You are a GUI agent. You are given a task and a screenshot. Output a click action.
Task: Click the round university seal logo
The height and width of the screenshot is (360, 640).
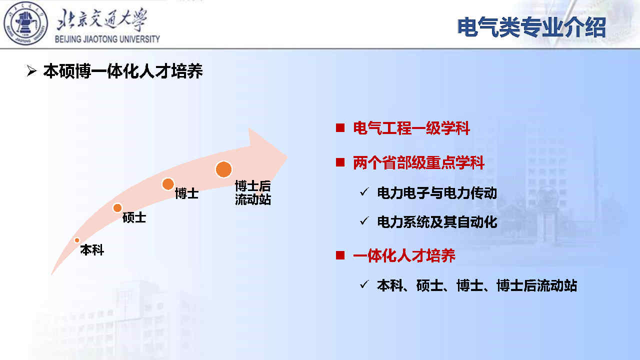[x=25, y=23]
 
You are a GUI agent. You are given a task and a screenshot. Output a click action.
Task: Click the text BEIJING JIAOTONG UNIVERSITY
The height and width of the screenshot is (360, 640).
[x=107, y=39]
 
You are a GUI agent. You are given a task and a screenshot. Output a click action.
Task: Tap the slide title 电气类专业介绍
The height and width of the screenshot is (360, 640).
[x=531, y=27]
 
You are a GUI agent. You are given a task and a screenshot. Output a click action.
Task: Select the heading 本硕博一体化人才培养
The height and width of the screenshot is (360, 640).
[x=123, y=71]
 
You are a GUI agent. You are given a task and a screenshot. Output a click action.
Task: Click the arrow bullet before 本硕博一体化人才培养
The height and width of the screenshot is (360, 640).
[x=31, y=71]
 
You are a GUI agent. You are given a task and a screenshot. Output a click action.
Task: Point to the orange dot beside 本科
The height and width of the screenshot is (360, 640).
[x=77, y=240]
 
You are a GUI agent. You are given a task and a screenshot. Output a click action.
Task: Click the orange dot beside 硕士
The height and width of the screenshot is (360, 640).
[x=117, y=207]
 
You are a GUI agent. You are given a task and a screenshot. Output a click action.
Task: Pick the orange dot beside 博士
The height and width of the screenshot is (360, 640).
[x=168, y=184]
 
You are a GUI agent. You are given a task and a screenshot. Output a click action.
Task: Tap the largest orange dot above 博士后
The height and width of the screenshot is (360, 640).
[x=223, y=169]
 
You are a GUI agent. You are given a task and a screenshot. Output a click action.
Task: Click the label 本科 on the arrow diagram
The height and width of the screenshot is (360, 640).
[x=92, y=250]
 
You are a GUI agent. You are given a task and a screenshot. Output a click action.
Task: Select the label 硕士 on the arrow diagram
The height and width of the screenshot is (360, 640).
[x=134, y=217]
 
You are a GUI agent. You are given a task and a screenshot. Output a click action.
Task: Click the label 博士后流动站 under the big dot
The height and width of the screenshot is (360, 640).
[x=253, y=193]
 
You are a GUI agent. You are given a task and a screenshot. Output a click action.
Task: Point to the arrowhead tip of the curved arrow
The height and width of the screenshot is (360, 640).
[x=287, y=156]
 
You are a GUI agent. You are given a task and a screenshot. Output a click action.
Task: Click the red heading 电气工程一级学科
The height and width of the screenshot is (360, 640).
[x=411, y=128]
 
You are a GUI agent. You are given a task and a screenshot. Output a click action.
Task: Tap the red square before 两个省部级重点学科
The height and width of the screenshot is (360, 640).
[x=340, y=162]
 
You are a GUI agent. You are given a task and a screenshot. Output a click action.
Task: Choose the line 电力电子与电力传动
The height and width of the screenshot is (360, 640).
[x=437, y=193]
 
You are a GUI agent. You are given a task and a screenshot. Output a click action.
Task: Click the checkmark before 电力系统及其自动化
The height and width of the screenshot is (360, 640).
[x=364, y=220]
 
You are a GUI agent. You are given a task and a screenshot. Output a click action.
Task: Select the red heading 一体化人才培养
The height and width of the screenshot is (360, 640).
[x=404, y=255]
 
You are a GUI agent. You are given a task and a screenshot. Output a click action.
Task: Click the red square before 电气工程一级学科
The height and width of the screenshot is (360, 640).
[x=340, y=127]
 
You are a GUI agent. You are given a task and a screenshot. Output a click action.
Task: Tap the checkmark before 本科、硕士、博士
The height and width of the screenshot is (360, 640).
[x=364, y=284]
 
